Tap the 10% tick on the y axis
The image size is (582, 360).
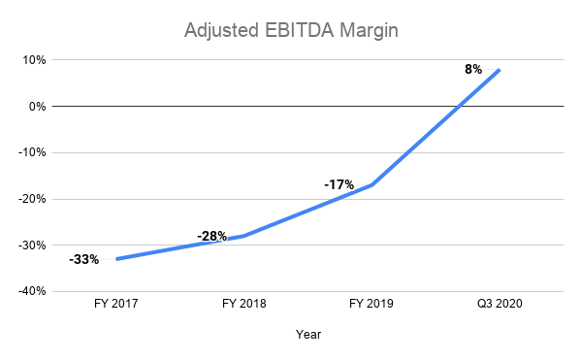[x=34, y=60]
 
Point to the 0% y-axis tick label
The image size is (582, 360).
[x=37, y=106]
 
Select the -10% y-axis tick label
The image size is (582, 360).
[x=32, y=152]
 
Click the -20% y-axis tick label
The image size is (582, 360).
[x=32, y=199]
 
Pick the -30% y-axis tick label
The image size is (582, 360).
[x=32, y=245]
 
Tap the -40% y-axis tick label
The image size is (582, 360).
[x=32, y=291]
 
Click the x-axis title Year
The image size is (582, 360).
[x=307, y=335]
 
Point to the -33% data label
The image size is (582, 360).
[x=83, y=260]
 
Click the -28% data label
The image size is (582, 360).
[x=211, y=236]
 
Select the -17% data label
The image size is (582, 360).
[x=339, y=182]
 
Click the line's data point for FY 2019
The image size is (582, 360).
[x=372, y=184]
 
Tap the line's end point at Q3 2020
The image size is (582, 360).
[x=500, y=70]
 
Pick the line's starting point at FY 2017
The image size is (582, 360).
[x=116, y=259]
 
